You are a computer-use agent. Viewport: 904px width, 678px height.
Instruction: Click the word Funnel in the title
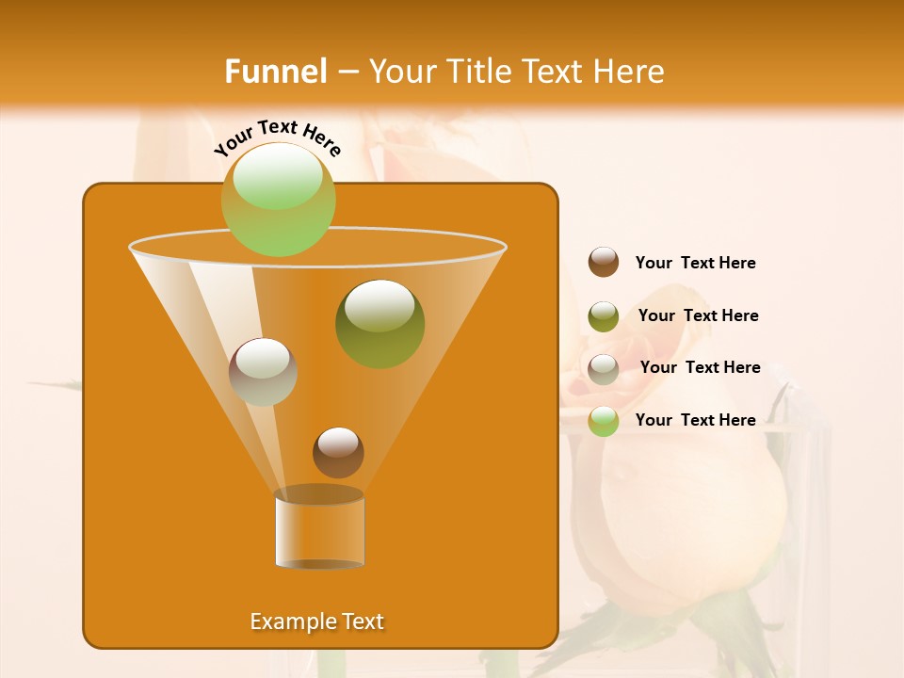tap(275, 72)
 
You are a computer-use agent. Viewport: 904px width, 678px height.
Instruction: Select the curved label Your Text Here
tap(277, 137)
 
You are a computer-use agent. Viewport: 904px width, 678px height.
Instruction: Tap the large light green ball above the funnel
tap(278, 199)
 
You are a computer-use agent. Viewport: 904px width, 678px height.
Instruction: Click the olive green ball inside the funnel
tap(379, 323)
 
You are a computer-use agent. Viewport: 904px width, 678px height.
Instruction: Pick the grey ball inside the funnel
tap(263, 371)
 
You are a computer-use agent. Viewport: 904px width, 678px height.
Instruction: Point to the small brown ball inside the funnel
tap(338, 452)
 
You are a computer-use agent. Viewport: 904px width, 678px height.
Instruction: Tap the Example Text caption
tap(316, 621)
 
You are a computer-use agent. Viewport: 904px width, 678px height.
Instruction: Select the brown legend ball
tap(604, 263)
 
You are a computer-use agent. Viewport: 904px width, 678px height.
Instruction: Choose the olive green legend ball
tap(604, 316)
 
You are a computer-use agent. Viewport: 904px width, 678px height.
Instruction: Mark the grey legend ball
tap(604, 369)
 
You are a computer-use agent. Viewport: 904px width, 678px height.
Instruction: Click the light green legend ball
tap(604, 421)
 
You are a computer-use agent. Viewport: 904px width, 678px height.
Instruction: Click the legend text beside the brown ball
tap(695, 264)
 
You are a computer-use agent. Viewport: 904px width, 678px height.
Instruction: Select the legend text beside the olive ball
tap(698, 316)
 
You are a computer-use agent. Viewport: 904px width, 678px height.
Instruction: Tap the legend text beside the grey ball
tap(700, 368)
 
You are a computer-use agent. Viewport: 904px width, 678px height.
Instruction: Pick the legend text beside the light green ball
tap(695, 420)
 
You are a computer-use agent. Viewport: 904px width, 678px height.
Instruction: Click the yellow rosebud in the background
tap(687, 508)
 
